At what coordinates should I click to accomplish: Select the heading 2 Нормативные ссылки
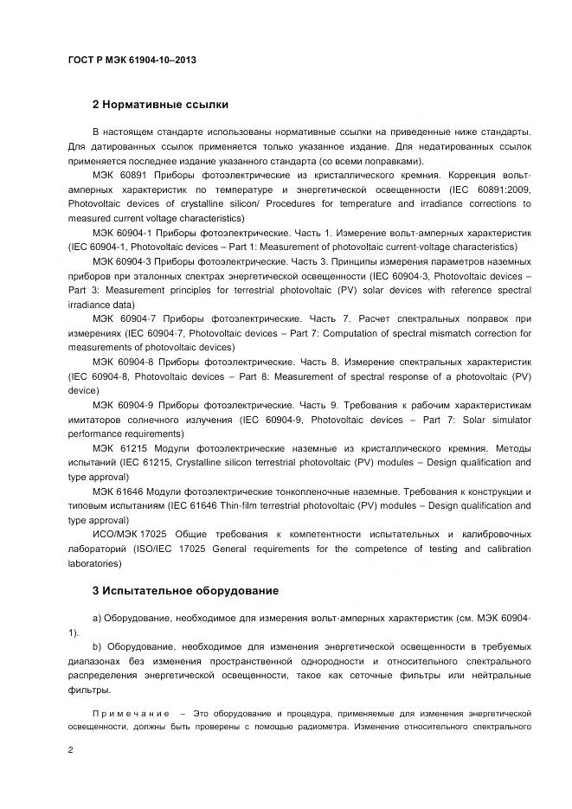tap(160, 105)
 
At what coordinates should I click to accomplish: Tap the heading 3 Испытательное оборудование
tap(185, 591)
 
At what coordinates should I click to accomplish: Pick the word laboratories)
tap(95, 562)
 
